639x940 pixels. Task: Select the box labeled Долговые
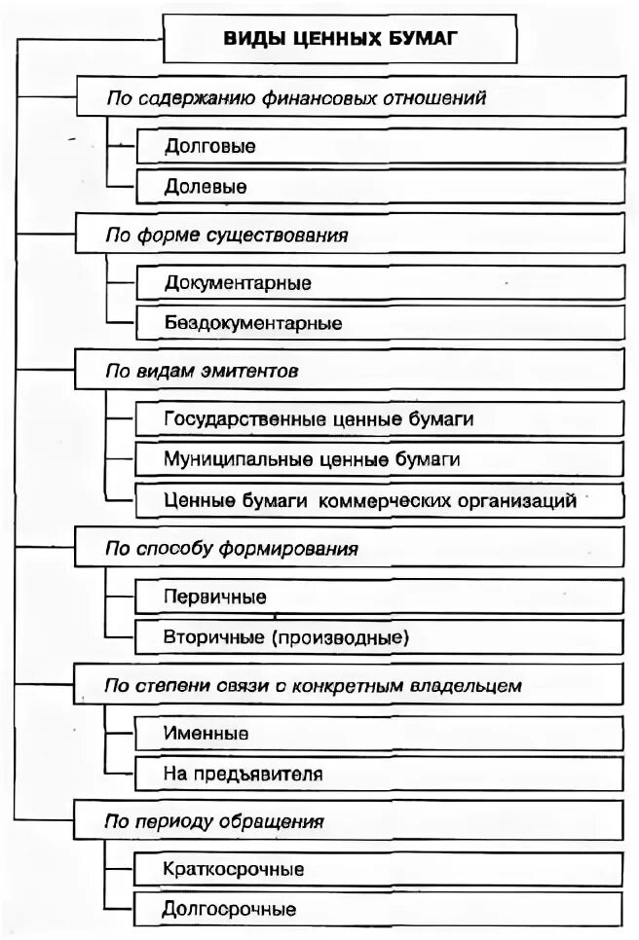pyautogui.click(x=380, y=147)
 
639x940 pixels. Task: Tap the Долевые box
pyautogui.click(x=380, y=185)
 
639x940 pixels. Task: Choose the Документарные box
pyautogui.click(x=380, y=283)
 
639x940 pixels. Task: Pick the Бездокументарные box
pyautogui.click(x=380, y=321)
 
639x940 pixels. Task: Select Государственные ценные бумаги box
pyautogui.click(x=380, y=419)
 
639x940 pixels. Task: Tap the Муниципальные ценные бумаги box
pyautogui.click(x=380, y=458)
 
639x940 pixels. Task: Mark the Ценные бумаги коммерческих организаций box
pyautogui.click(x=380, y=500)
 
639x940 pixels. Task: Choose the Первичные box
pyautogui.click(x=380, y=597)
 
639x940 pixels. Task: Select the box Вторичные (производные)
pyautogui.click(x=380, y=637)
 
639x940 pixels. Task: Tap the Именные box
pyautogui.click(x=380, y=733)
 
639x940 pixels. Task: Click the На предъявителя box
pyautogui.click(x=380, y=775)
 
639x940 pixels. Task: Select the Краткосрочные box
pyautogui.click(x=380, y=868)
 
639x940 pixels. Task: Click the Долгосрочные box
pyautogui.click(x=380, y=909)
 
